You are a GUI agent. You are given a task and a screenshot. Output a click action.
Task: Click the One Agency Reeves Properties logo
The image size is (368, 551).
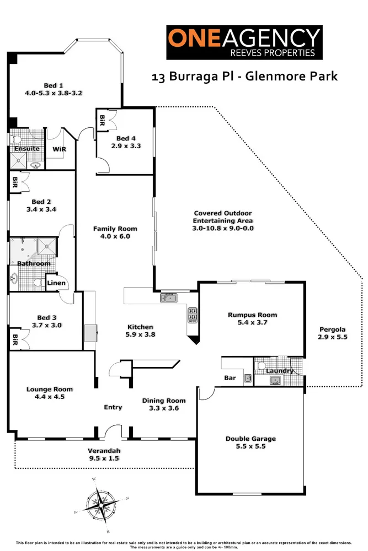(x=244, y=42)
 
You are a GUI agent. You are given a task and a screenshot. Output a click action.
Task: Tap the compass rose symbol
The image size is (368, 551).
(x=100, y=504)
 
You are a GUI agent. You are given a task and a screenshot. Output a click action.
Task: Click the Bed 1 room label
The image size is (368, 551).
(x=54, y=85)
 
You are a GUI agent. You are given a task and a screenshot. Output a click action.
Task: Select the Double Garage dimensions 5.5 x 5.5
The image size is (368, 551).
(x=250, y=447)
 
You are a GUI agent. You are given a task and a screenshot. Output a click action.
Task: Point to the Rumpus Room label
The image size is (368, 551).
(x=252, y=315)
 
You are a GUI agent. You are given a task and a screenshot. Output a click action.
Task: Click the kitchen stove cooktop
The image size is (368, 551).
(x=193, y=314)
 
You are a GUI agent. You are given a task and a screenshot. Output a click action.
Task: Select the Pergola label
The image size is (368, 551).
(x=333, y=330)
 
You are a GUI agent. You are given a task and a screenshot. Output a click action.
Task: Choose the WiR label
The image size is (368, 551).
(x=59, y=149)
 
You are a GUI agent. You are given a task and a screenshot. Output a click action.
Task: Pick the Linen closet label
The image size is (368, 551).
(x=56, y=284)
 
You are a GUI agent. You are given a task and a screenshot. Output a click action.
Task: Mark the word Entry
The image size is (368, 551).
(x=113, y=407)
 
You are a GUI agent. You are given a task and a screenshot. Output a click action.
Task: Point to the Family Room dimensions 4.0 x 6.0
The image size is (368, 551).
(x=115, y=236)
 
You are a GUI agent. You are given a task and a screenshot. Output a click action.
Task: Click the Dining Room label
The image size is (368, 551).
(x=164, y=401)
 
